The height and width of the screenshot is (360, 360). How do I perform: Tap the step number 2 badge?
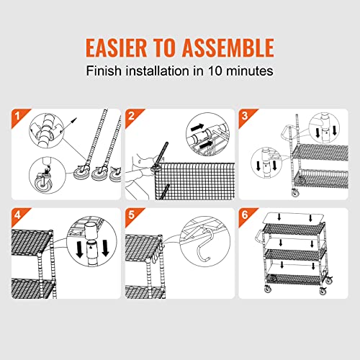coord(132,116)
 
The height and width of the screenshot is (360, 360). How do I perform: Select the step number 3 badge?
coord(244,116)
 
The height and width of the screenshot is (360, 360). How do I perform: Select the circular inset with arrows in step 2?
coord(205,134)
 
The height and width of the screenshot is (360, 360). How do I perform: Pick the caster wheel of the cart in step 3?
coord(295,192)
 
